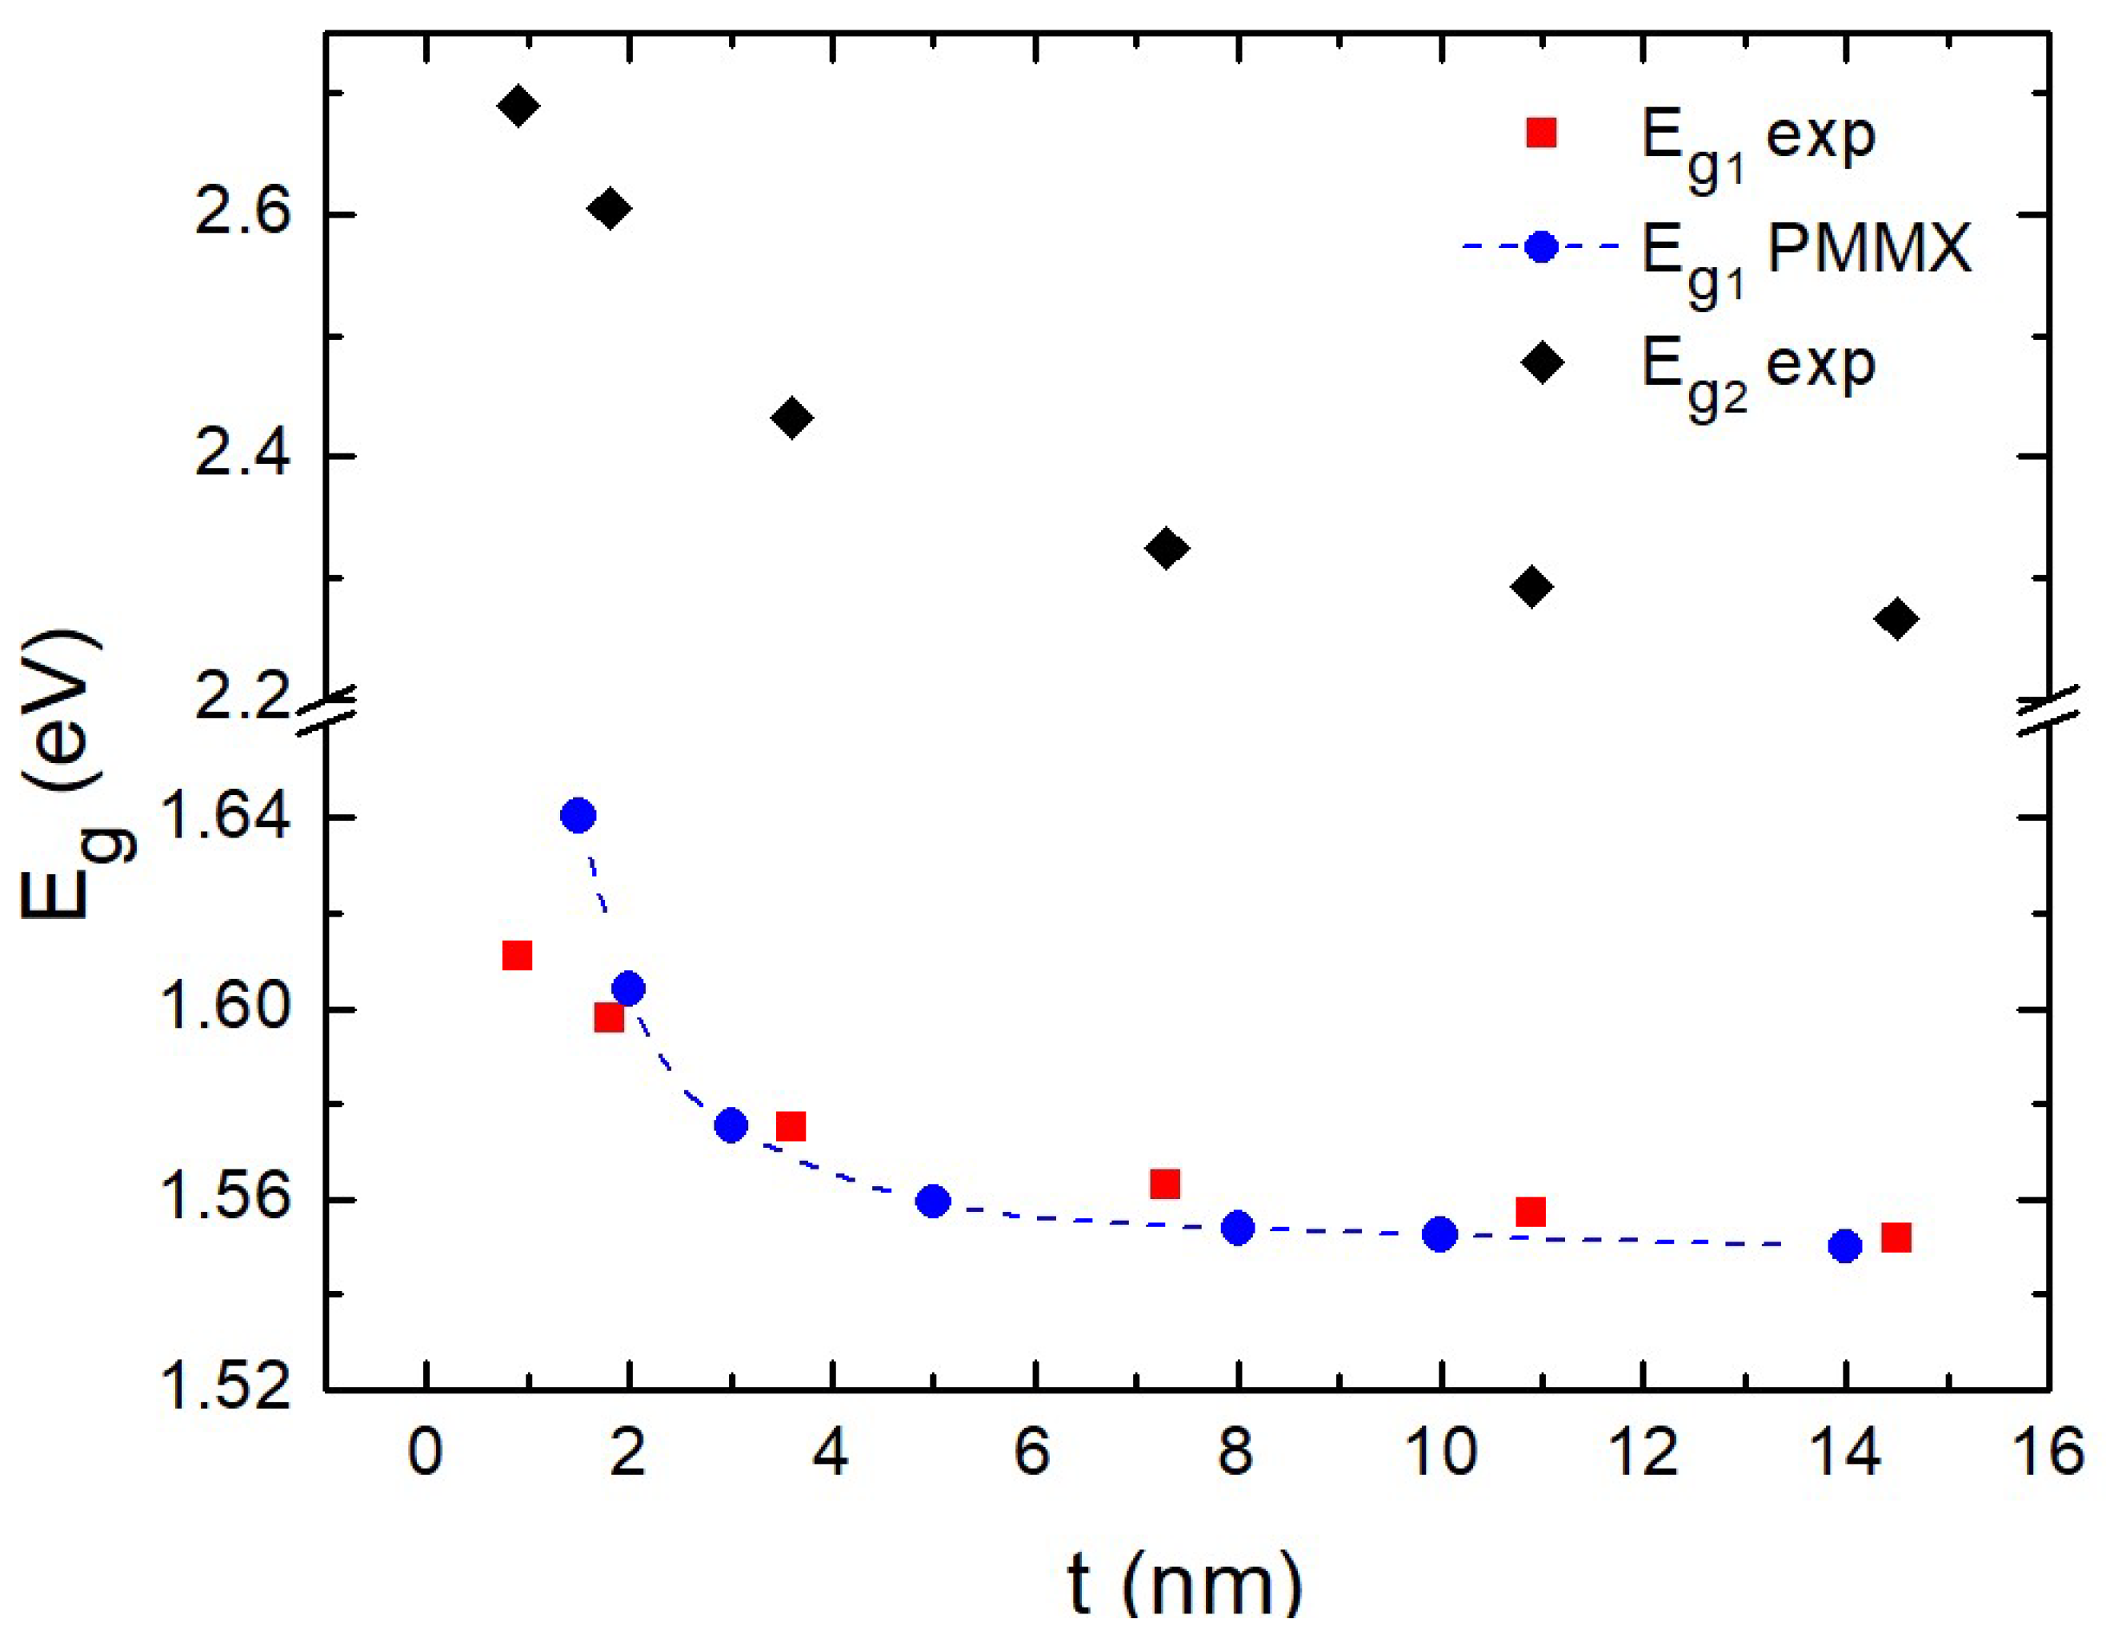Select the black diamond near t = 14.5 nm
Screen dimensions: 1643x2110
coord(1896,618)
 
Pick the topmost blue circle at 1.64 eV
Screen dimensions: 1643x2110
coord(578,815)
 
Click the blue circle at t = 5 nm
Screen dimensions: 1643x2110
coord(932,1201)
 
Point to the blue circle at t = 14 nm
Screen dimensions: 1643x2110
coord(1844,1246)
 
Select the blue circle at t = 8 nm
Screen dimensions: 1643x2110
coord(1238,1228)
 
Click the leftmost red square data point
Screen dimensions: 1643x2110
coord(517,955)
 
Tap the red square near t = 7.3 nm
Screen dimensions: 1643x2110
coord(1165,1183)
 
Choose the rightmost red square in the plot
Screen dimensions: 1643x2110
coord(1896,1237)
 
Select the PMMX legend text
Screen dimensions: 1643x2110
coord(1867,250)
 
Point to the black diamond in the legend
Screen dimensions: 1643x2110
coord(1542,362)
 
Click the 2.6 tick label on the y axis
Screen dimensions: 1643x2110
coord(242,214)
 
